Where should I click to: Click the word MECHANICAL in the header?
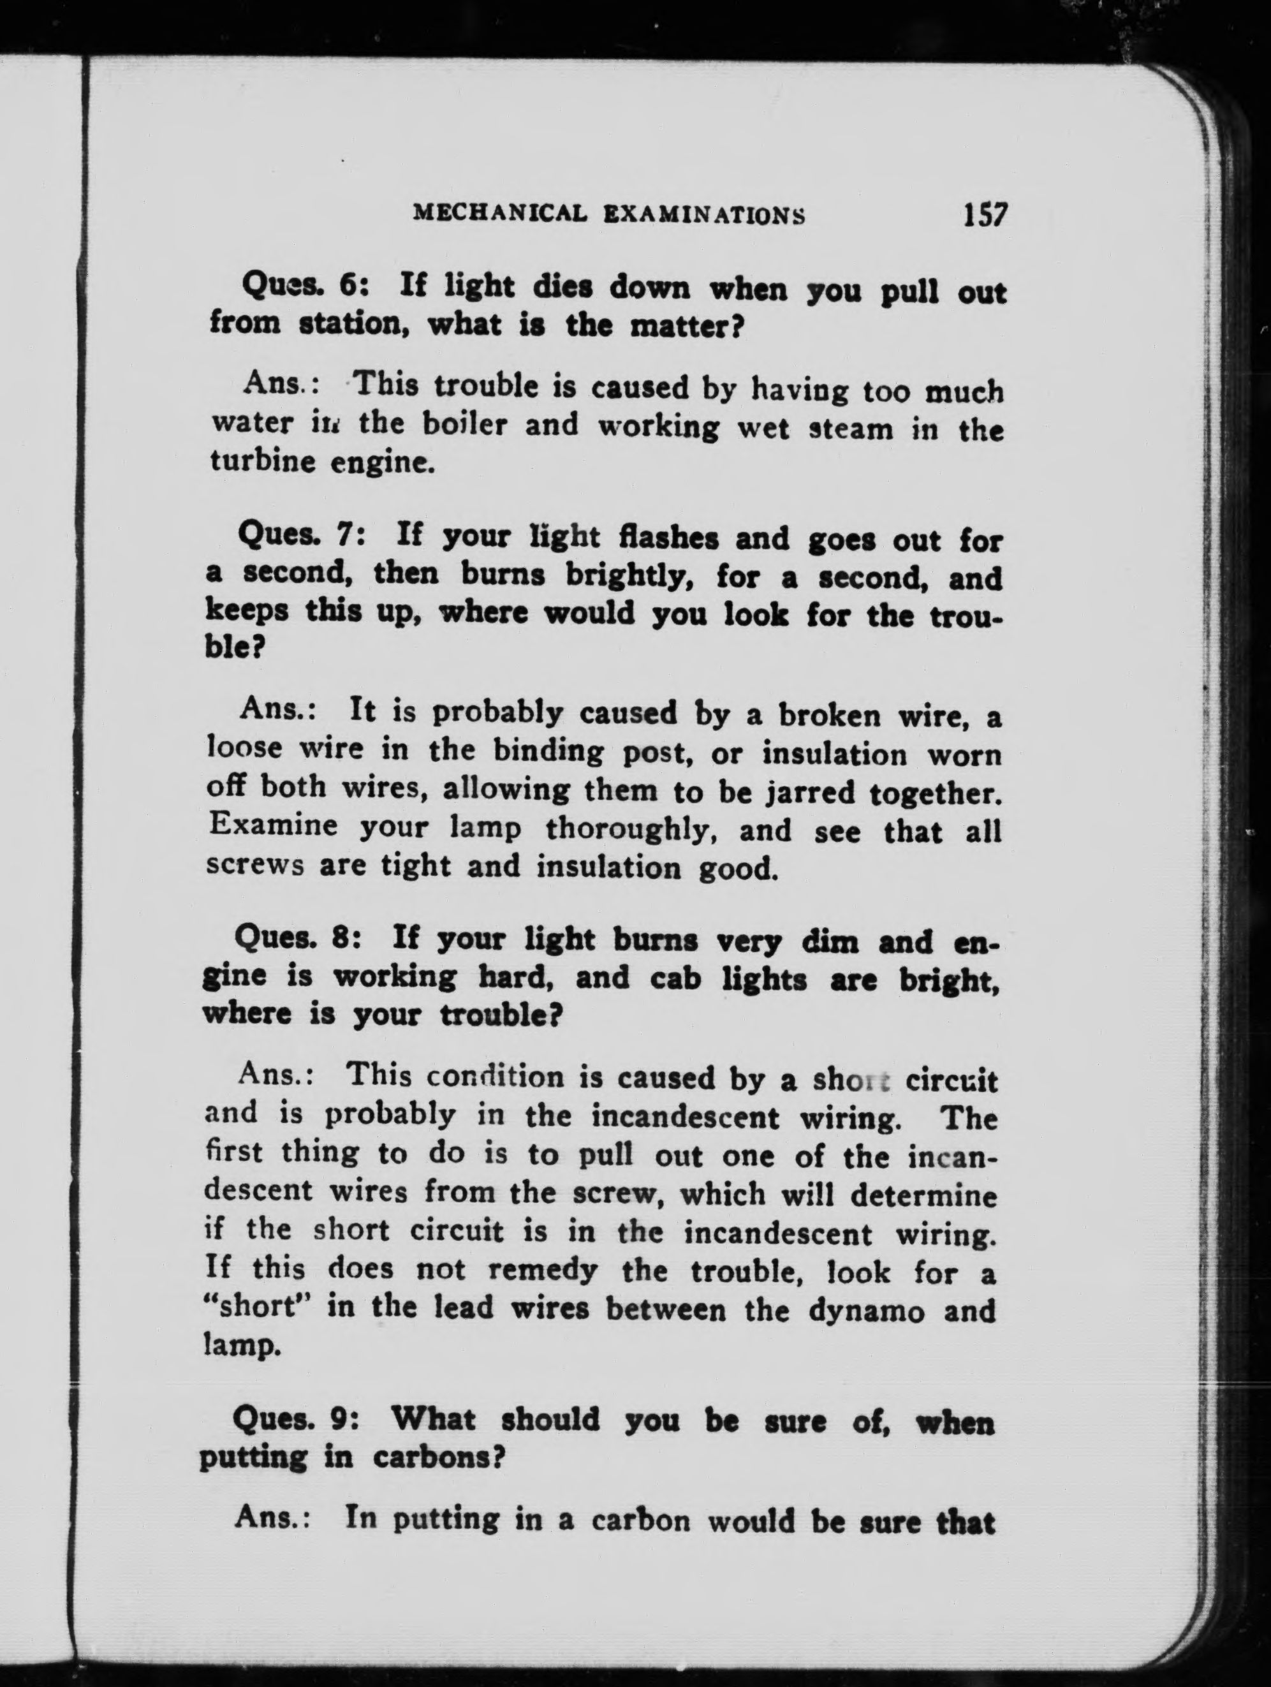499,213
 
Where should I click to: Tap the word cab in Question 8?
675,978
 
